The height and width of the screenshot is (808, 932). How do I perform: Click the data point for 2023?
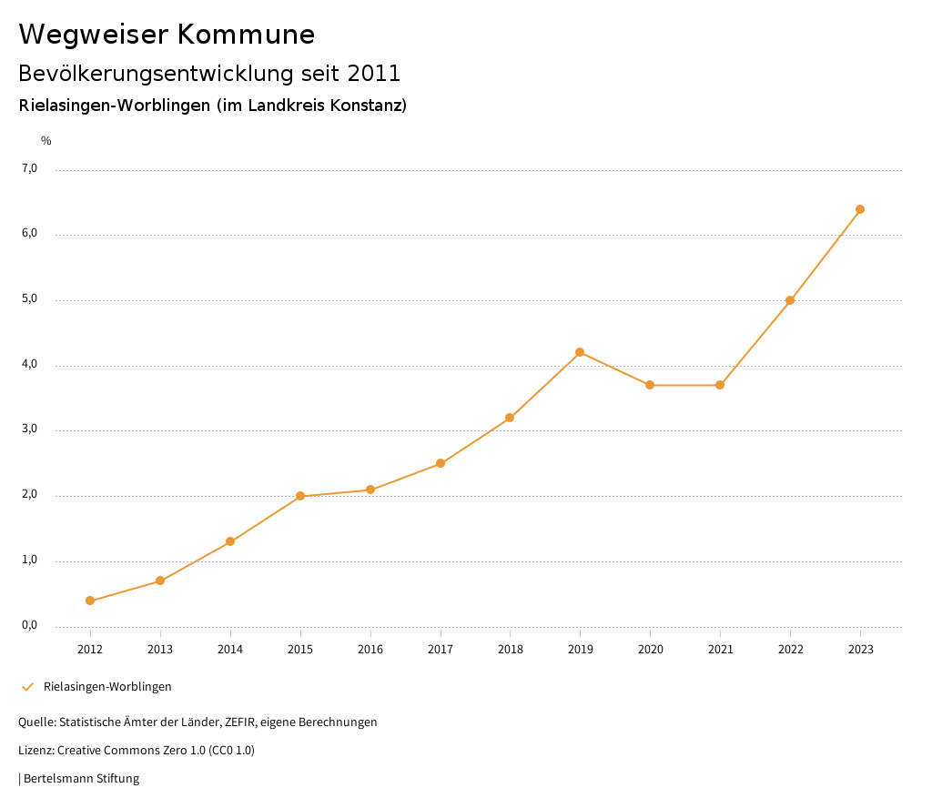click(860, 209)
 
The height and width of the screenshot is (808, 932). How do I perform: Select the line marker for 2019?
click(580, 352)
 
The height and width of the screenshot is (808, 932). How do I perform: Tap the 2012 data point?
click(90, 601)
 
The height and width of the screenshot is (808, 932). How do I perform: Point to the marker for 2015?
click(300, 496)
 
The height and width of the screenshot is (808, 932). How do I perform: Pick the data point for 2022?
click(790, 300)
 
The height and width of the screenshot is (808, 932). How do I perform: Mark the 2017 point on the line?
click(441, 463)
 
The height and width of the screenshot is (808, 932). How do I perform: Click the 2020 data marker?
click(650, 385)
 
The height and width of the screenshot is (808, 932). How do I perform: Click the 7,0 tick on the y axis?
click(30, 168)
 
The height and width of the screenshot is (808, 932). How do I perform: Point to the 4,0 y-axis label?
click(30, 364)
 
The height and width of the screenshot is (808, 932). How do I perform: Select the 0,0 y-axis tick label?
click(30, 625)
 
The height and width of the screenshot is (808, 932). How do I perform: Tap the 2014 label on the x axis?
click(230, 649)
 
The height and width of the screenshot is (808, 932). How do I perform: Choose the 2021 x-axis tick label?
click(720, 649)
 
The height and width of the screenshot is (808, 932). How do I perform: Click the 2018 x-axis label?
click(510, 649)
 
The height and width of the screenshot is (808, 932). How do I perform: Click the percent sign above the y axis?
click(46, 141)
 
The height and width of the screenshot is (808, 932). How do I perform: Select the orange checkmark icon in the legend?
click(27, 687)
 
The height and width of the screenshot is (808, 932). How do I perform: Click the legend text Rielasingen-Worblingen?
click(107, 687)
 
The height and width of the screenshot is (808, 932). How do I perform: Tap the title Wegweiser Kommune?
click(167, 35)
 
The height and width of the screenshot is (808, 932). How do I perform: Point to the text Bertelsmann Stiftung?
click(81, 779)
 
